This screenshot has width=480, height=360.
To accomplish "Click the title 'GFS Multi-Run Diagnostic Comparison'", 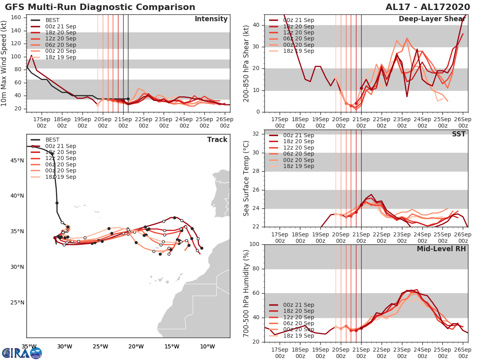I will pos(100,7).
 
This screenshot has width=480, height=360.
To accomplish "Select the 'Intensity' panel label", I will pos(211,19).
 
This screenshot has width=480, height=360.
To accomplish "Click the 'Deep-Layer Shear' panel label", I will pos(432,19).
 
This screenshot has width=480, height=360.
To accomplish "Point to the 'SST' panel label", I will pos(458,134).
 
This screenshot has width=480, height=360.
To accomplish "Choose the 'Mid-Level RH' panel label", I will pos(441,249).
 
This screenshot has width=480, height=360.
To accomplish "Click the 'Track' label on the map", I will pos(217,140).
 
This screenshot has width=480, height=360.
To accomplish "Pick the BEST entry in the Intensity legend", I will pos(52,20).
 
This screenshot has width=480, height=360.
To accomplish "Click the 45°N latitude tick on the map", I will pos(17,161).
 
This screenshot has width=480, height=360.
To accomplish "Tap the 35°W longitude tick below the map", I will pos(29,346).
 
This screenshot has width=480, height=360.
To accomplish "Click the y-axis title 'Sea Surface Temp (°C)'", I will pos(246,178).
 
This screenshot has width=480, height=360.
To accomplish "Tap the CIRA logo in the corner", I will pos(22,353).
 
